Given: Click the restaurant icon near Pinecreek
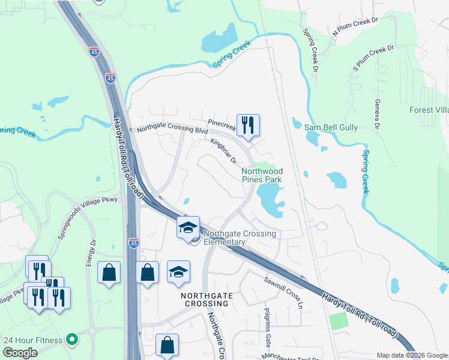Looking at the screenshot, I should click(x=248, y=125).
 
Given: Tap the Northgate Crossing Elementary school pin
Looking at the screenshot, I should click(x=188, y=227).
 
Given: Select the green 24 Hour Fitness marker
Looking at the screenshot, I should click(x=72, y=340).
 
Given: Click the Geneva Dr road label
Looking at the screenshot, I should click(x=378, y=114).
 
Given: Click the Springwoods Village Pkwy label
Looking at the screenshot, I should click(x=87, y=217).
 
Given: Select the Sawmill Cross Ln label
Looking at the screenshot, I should click(x=283, y=289).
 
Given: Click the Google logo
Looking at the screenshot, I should click(x=20, y=352).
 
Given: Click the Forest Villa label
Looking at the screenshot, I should click(x=429, y=110).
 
